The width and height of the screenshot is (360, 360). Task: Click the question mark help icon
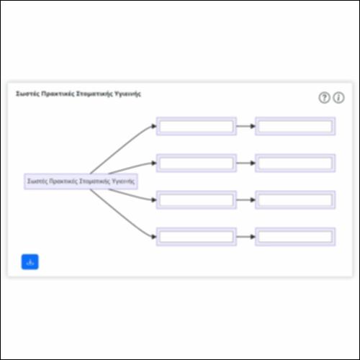pos(324,98)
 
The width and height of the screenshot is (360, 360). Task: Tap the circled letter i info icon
pos(338,98)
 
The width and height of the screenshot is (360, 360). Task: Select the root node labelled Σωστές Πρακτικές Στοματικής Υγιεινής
pos(81,181)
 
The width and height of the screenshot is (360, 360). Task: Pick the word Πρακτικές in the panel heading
pos(58,94)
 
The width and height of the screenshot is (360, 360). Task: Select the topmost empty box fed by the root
pos(197,126)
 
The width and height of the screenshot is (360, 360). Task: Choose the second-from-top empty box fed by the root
pos(197,163)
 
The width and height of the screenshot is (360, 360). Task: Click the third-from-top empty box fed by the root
pos(197,200)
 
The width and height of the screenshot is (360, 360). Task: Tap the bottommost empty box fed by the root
pos(197,237)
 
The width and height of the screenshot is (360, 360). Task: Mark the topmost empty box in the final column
pos(295,126)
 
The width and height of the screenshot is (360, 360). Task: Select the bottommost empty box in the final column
pos(295,237)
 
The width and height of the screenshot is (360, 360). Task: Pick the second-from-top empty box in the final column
pos(295,163)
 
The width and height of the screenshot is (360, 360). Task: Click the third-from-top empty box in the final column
pos(295,200)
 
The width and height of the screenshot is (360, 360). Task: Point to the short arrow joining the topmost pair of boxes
pos(246,126)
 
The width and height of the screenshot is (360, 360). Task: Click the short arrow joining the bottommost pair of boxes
pos(246,237)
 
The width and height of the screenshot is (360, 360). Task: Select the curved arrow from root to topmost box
pos(120,148)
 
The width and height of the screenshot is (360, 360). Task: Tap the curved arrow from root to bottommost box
pos(120,215)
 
